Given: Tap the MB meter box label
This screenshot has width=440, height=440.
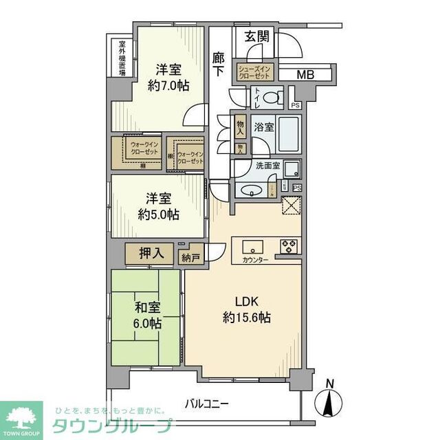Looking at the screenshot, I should point(305,74).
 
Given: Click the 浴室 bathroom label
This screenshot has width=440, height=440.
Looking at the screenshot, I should point(264,127).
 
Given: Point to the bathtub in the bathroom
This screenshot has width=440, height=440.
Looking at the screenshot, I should point(288,134).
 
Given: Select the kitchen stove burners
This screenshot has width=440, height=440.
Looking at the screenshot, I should point(288,244).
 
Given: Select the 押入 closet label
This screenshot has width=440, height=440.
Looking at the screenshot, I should point(151,254).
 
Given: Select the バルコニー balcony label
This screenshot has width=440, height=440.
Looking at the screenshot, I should point(206,404).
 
